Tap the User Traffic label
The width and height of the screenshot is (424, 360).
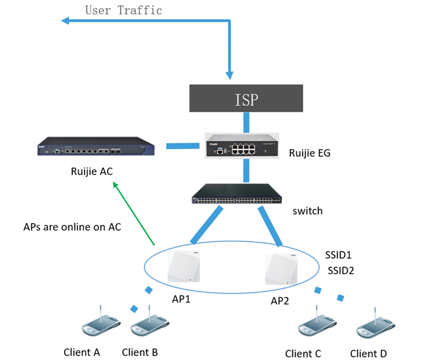point(123,10)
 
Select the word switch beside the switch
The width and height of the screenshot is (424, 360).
point(308,211)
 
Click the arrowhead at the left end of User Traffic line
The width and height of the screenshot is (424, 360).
point(65,21)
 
